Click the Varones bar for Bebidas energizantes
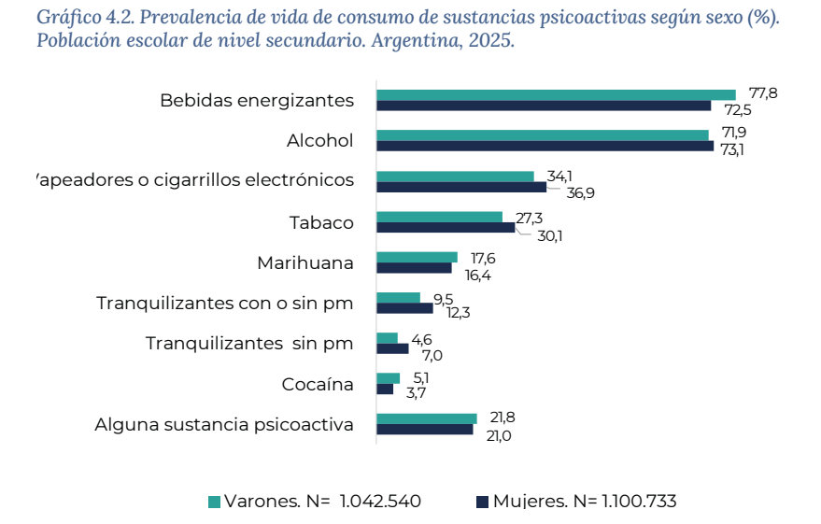[556, 94]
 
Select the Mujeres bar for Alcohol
[545, 146]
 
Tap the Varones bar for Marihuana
[417, 257]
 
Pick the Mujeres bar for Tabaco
[446, 227]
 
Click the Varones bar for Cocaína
[388, 378]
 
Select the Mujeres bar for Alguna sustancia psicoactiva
[424, 430]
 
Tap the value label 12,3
[458, 313]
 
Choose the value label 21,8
[503, 417]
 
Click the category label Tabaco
[321, 222]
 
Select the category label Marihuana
[305, 262]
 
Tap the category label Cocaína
[318, 384]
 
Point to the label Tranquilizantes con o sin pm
[225, 304]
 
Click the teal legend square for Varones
[214, 503]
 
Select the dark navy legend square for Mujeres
[482, 503]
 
